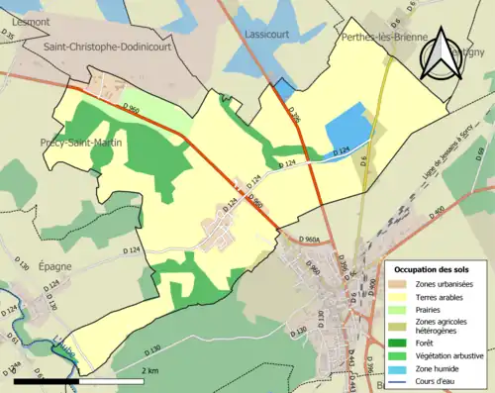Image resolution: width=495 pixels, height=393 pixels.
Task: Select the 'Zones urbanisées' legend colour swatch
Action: point(399,284)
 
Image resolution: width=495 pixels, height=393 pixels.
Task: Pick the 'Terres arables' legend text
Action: point(442,295)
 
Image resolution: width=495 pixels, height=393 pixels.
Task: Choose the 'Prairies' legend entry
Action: point(430,307)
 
